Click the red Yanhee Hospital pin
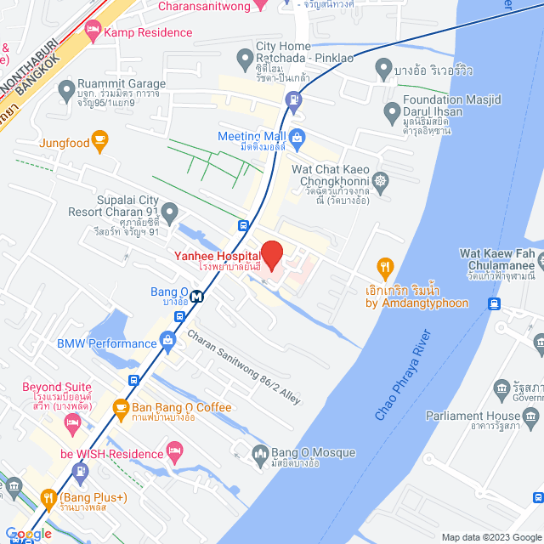click(271, 254)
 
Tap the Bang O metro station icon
click(197, 297)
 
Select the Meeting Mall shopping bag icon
click(297, 137)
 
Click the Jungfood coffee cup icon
click(100, 142)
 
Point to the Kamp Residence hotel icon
click(93, 32)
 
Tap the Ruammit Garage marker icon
click(65, 89)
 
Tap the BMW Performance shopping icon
click(167, 343)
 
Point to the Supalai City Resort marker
click(170, 210)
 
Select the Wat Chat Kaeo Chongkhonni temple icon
click(380, 180)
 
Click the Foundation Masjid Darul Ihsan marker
click(392, 111)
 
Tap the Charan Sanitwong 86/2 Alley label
click(243, 366)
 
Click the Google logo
click(27, 534)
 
